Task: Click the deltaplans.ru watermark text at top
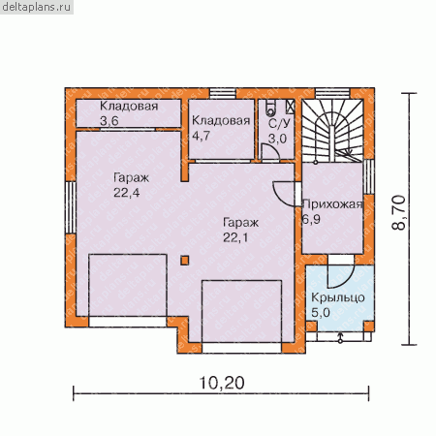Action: pos(37,7)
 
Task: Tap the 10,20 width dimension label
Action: pos(222,383)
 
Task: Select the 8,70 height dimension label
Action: pos(398,212)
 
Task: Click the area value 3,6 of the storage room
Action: pos(109,121)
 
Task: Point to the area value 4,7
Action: pos(201,136)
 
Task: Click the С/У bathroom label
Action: pos(279,123)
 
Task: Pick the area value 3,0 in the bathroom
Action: pos(277,139)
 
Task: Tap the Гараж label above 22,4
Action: pos(131,178)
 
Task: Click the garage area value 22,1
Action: pos(235,237)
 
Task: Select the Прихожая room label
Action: pos(332,204)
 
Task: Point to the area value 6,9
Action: pos(311,219)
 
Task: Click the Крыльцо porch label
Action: pos(338,297)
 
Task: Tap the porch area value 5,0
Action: pos(321,312)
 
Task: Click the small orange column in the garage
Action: pos(185,261)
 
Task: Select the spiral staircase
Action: pos(332,131)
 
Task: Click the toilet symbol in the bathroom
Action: pos(270,109)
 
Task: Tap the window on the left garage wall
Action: pos(71,207)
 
